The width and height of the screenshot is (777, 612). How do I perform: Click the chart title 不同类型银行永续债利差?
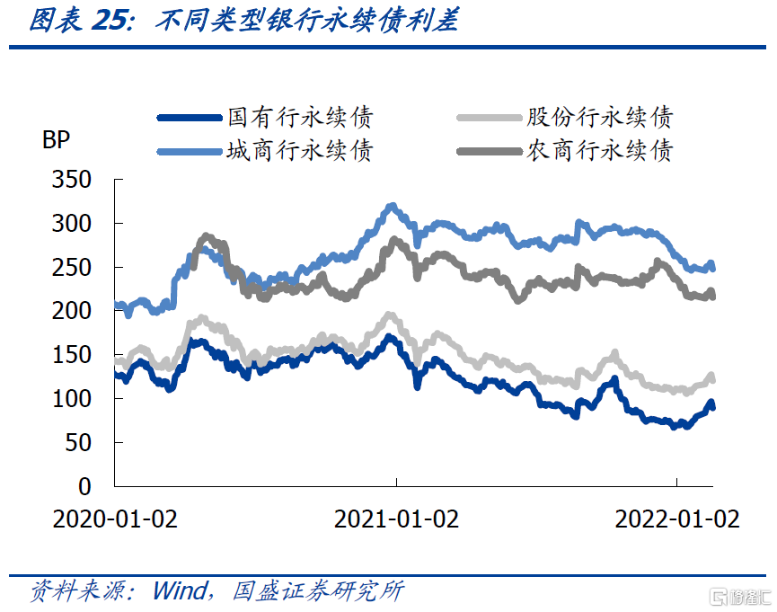306,21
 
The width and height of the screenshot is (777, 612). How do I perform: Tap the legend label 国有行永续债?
299,117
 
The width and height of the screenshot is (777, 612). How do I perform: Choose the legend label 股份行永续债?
599,117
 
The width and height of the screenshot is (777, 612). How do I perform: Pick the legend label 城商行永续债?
299,150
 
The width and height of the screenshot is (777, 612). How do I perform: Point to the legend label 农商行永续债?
599,150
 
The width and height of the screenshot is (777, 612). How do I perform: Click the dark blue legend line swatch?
188,118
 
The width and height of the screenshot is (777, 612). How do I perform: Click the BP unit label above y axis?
55,140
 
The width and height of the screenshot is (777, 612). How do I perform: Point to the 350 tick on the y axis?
73,180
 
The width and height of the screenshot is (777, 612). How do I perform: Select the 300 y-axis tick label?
73,224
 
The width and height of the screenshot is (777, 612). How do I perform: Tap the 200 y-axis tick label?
73,311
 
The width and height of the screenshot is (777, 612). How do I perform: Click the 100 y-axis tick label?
73,399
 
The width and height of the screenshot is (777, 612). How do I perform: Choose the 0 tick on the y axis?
84,486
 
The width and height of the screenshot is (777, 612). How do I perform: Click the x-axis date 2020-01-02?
115,519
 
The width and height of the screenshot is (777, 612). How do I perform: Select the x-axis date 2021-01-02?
396,519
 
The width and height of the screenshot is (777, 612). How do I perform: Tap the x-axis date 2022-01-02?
677,519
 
